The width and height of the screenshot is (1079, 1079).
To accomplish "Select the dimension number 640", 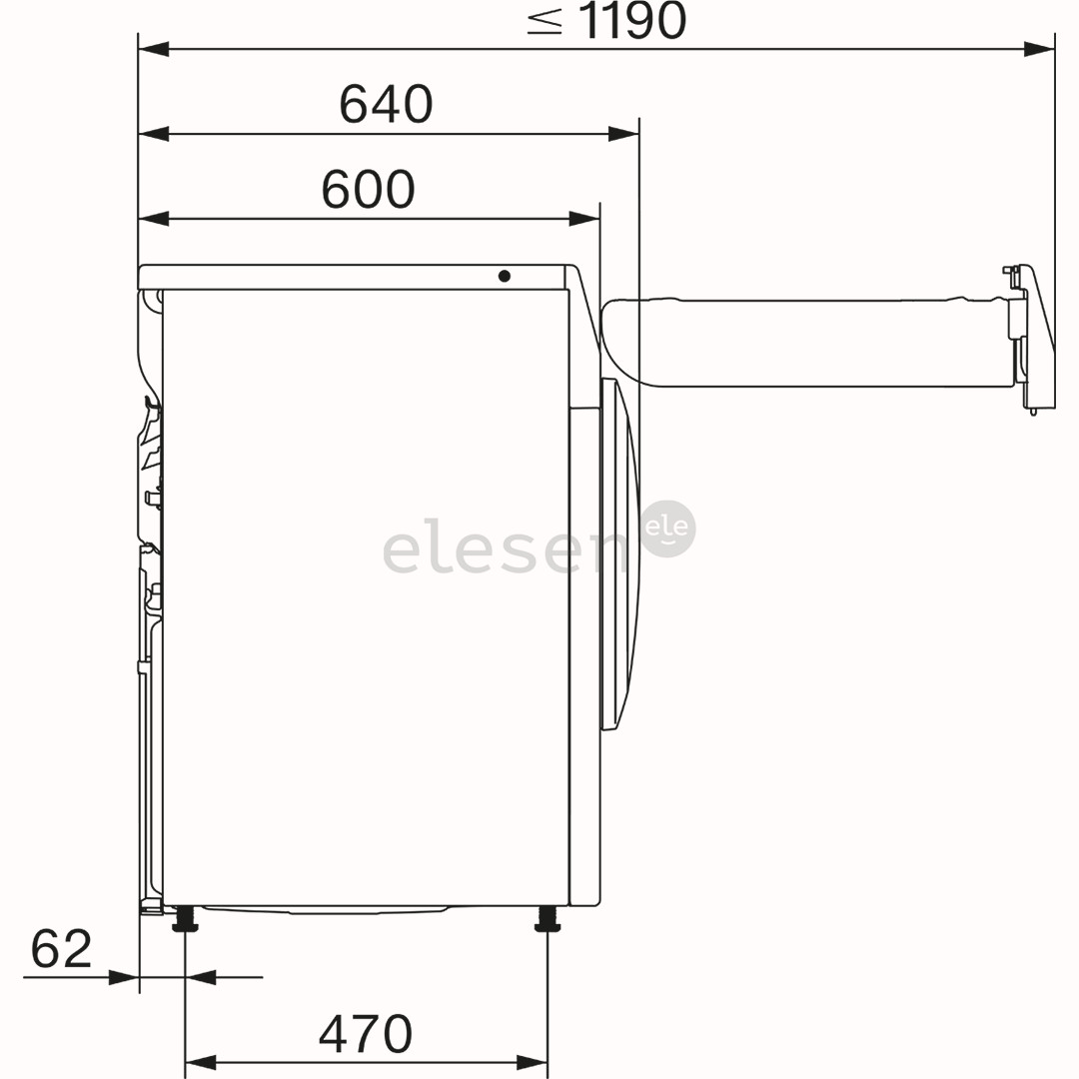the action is coord(386,104).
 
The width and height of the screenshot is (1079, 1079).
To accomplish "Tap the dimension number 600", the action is coord(368,189).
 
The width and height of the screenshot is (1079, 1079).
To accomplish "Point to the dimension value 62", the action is coord(61,948).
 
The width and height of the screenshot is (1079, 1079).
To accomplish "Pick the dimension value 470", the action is coord(366,1034).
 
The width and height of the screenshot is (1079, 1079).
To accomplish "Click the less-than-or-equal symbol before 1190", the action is coord(545,21).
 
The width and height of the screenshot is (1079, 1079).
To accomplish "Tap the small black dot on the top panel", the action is coord(504,276).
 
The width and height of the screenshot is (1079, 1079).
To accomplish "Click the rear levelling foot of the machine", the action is coord(185,919).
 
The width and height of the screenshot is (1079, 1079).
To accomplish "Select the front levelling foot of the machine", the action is coord(547,919).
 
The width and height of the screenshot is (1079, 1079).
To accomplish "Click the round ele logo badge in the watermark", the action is coord(667,529).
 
